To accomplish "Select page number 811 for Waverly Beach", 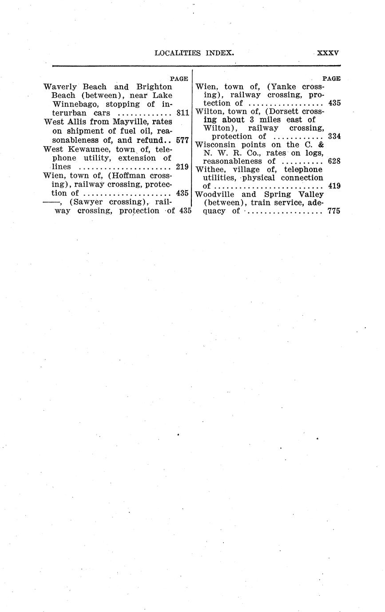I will pos(183,113).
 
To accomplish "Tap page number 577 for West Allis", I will pos(183,140).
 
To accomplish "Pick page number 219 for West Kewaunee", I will pos(183,167).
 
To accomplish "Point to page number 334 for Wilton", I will pos(334,136).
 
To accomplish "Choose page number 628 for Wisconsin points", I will pos(334,161).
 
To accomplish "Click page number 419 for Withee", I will pos(334,186).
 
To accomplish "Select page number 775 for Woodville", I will pos(334,211).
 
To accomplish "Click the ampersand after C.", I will pos(320,145).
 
